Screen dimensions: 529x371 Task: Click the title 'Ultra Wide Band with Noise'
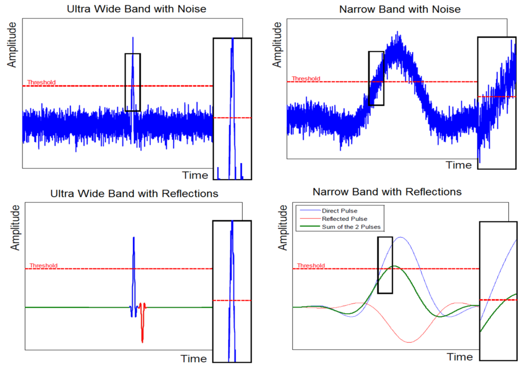coord(136,9)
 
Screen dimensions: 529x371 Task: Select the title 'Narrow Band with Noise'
coord(400,9)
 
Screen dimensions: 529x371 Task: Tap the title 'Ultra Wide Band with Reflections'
coord(134,193)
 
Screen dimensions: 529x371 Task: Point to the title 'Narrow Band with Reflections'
coord(387,192)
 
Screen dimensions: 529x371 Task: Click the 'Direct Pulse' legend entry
coord(339,211)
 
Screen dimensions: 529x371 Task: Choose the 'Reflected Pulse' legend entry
coord(345,219)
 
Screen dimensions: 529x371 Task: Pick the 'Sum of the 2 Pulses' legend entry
coord(351,227)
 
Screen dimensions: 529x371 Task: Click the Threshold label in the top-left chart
coord(41,82)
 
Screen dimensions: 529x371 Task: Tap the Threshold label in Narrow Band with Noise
coord(306,78)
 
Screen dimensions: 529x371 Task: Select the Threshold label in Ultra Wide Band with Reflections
coord(43,266)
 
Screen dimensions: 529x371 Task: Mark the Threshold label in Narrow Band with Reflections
coord(311,266)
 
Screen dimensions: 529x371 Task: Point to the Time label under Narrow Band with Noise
coord(459,165)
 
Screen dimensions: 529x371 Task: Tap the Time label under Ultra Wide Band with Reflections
coord(194,359)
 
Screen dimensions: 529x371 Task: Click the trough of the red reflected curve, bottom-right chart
coord(409,342)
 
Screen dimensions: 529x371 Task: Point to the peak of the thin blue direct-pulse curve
coord(400,237)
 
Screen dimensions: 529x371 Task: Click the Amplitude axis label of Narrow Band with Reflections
coord(283,228)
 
